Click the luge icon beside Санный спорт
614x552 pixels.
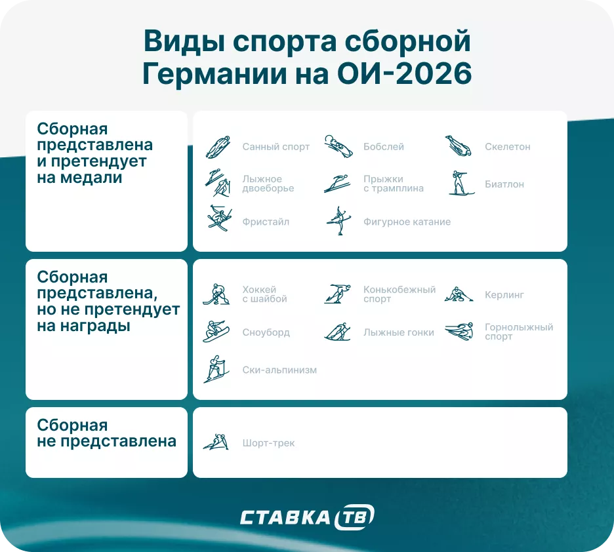click(218, 147)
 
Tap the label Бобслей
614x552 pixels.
click(383, 147)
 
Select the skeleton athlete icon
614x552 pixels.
click(459, 146)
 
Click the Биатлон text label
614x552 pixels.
click(504, 184)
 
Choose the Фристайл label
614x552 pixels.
click(265, 222)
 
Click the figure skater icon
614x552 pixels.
click(338, 221)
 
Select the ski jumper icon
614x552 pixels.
click(338, 184)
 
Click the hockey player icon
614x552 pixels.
click(216, 294)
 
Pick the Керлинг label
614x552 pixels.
click(504, 295)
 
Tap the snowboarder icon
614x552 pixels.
click(216, 332)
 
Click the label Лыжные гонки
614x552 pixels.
click(398, 332)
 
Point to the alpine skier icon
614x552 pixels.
click(459, 332)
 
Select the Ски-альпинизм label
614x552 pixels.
click(279, 370)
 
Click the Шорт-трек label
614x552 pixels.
click(268, 443)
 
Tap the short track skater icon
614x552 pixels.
click(216, 443)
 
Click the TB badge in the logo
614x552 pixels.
click(354, 517)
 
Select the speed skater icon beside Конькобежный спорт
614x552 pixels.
click(338, 294)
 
